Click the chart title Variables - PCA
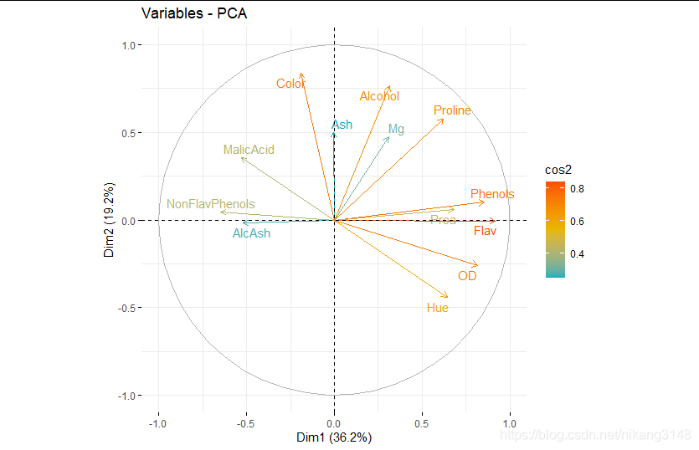click(x=194, y=14)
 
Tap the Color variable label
click(x=290, y=84)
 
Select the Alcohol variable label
click(x=379, y=96)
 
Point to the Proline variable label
click(x=452, y=110)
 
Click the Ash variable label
click(x=342, y=125)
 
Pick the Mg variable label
click(x=396, y=129)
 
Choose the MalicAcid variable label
click(x=249, y=150)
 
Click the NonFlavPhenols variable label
click(x=211, y=204)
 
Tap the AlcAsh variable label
click(x=251, y=233)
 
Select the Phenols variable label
click(x=492, y=194)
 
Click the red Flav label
click(x=485, y=231)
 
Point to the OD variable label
click(x=467, y=275)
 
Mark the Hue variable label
click(x=437, y=308)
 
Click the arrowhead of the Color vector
click(x=301, y=74)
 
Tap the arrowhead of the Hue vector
click(x=448, y=296)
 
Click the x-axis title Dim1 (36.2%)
click(x=334, y=437)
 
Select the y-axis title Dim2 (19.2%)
click(x=110, y=219)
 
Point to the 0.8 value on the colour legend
click(x=578, y=188)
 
